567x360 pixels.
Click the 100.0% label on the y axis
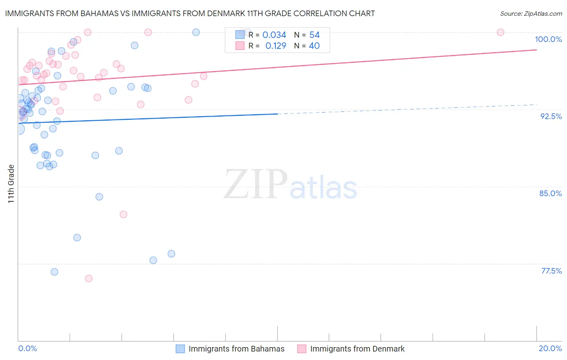(548, 39)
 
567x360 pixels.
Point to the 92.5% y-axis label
(551, 116)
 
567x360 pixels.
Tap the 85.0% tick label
(550, 193)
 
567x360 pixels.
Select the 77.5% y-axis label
(551, 271)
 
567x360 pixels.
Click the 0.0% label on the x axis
(27, 348)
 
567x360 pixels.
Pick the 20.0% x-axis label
(550, 348)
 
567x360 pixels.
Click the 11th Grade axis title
(11, 184)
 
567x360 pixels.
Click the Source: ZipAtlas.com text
(531, 13)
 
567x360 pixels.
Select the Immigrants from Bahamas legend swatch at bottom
(180, 349)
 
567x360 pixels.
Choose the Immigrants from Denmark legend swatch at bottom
(302, 349)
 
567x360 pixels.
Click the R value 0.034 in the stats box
(274, 35)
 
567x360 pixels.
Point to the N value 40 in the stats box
(314, 46)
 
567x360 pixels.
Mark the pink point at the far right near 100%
(500, 32)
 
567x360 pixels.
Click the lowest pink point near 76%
(89, 278)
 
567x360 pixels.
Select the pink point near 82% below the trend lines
(123, 214)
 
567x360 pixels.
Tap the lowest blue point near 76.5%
(54, 272)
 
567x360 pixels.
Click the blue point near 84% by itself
(99, 197)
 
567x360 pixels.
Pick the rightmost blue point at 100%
(196, 32)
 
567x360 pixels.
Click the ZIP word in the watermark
(256, 184)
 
